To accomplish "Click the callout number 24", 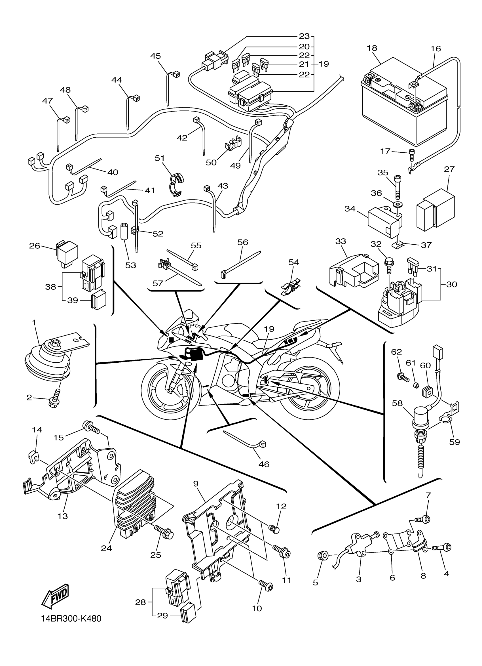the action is click(106, 548).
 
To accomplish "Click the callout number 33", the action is click(341, 241).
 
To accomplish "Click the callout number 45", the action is click(155, 56).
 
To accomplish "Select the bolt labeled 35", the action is click(398, 188).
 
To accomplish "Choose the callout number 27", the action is click(449, 169).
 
